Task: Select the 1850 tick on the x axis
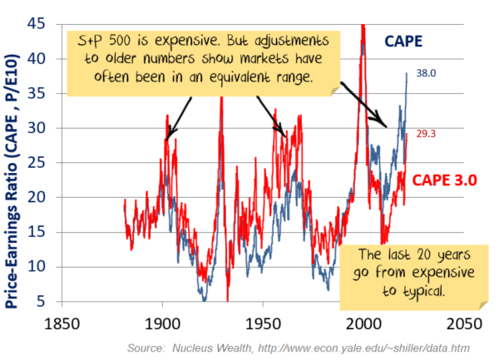coord(62,322)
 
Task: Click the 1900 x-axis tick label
coord(162,322)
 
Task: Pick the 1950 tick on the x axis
coord(263,322)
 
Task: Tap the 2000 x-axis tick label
coord(363,322)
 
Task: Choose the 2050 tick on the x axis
coord(463,322)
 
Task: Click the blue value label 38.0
coord(426,73)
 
